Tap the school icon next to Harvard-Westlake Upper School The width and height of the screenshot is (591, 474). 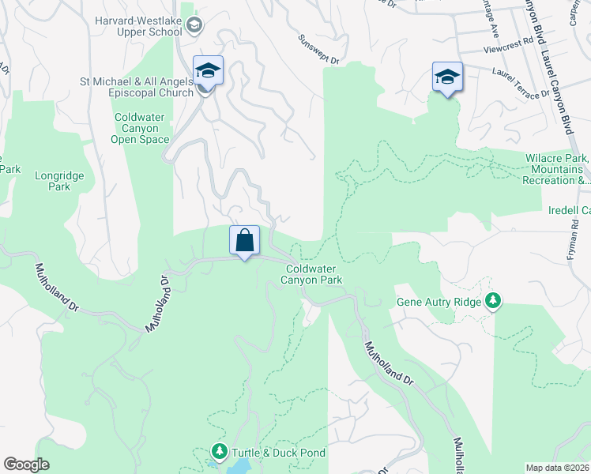[194, 27]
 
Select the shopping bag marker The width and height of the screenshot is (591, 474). [245, 239]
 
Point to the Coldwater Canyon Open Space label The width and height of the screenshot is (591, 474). [141, 128]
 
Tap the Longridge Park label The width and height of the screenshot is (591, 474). [53, 182]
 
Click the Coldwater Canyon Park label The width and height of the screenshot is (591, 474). [314, 274]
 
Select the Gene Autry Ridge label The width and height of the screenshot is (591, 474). [440, 301]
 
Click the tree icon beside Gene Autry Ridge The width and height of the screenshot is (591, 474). [494, 300]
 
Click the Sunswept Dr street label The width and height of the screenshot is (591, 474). [318, 49]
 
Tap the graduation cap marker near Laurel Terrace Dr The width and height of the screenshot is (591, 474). [447, 76]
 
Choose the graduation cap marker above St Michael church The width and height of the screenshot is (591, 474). [208, 70]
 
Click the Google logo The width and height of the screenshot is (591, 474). [26, 465]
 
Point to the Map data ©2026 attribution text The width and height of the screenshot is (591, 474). [558, 468]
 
